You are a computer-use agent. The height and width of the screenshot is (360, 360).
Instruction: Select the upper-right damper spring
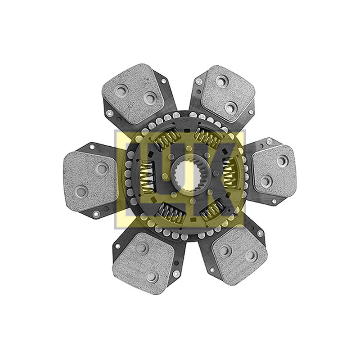[x=206, y=139]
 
